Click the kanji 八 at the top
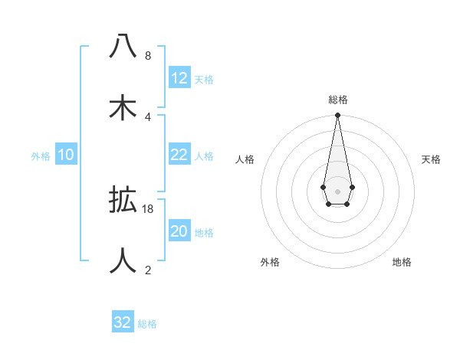coord(123,47)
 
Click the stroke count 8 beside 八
coord(147,56)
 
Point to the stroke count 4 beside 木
coord(147,116)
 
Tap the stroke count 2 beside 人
coord(147,270)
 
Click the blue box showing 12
coord(179,78)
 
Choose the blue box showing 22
coord(179,155)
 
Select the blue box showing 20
coord(179,231)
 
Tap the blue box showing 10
coord(66,155)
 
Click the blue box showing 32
coord(123,322)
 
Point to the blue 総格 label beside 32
coord(147,324)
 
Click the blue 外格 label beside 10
coord(41,156)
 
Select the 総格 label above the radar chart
coord(337,100)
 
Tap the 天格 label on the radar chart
coord(432,159)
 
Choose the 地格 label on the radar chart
coord(402,263)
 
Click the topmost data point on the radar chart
coord(337,116)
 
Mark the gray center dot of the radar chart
coord(337,190)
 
